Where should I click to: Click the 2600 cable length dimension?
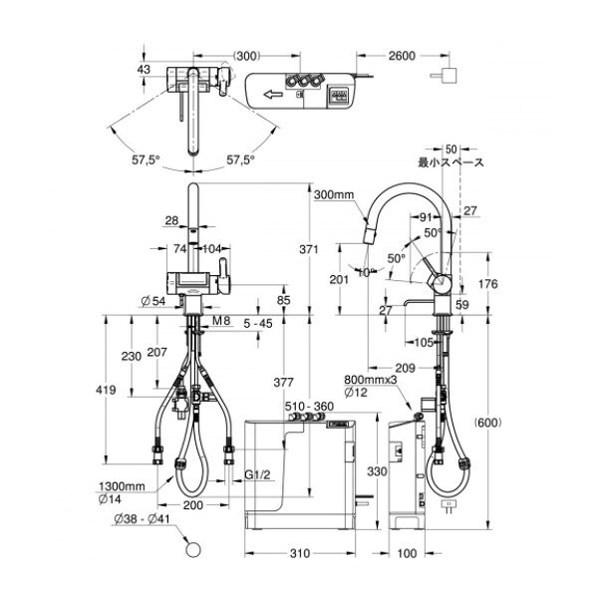coord(402,56)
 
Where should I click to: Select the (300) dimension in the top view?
coord(247,56)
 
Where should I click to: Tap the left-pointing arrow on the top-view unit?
coord(273,94)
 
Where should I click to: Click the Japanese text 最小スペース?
coord(450,162)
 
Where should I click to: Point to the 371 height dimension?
coord(309,249)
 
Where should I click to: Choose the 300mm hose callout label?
coord(334,195)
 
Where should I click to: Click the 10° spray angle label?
coord(367,272)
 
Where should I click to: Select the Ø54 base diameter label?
coord(153,301)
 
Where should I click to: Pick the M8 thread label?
coord(221,321)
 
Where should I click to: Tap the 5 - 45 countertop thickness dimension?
coord(258,324)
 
